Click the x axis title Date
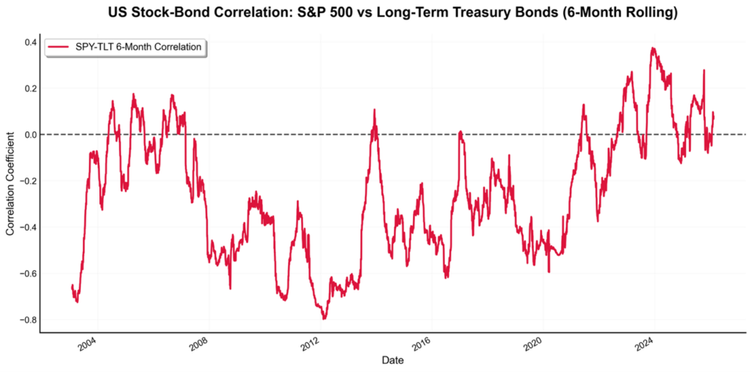pyautogui.click(x=392, y=360)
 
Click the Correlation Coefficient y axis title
pyautogui.click(x=10, y=183)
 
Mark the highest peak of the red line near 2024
pyautogui.click(x=653, y=48)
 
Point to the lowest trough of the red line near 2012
pyautogui.click(x=324, y=318)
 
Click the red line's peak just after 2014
pyautogui.click(x=375, y=110)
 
